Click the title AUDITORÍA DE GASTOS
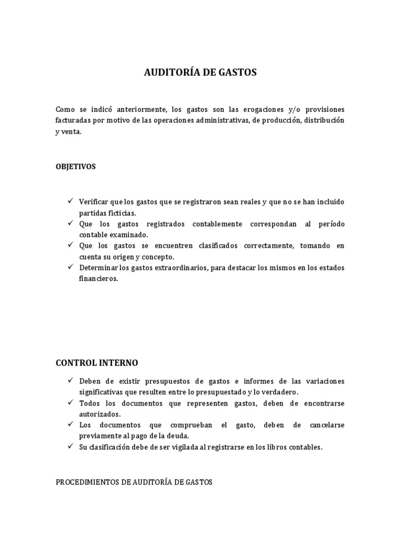pyautogui.click(x=200, y=73)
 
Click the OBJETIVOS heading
pyautogui.click(x=76, y=167)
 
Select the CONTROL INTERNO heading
pyautogui.click(x=97, y=363)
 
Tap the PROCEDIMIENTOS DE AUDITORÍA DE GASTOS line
pyautogui.click(x=134, y=482)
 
